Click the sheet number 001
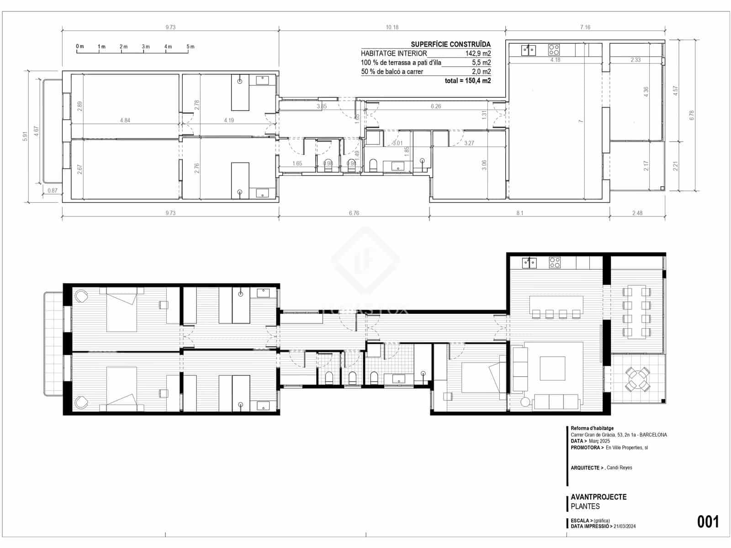[708, 522]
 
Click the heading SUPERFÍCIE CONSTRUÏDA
[450, 44]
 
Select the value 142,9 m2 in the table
[478, 53]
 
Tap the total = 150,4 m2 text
[468, 81]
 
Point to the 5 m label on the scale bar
[190, 47]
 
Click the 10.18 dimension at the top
[392, 27]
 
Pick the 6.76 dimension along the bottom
[354, 213]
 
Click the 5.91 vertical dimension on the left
[25, 136]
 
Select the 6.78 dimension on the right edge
[692, 115]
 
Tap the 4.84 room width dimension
[125, 121]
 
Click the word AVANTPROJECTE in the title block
[599, 497]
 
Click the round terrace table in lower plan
[638, 379]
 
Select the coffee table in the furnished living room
[552, 368]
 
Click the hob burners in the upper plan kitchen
[554, 49]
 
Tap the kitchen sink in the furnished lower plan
[530, 263]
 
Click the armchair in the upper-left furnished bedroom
[82, 296]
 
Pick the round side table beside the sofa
[525, 402]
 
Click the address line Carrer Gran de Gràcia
[619, 435]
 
